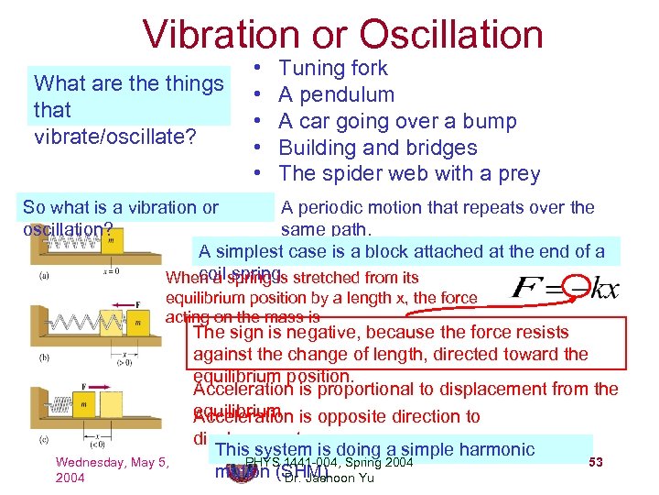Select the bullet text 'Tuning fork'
(x=332, y=68)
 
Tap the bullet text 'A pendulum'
(x=336, y=94)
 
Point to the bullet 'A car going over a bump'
(x=397, y=121)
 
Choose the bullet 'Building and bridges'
(x=377, y=148)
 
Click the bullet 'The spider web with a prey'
(x=409, y=174)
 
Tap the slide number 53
(x=595, y=461)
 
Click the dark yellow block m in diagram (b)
(x=136, y=323)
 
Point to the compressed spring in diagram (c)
(x=59, y=405)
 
